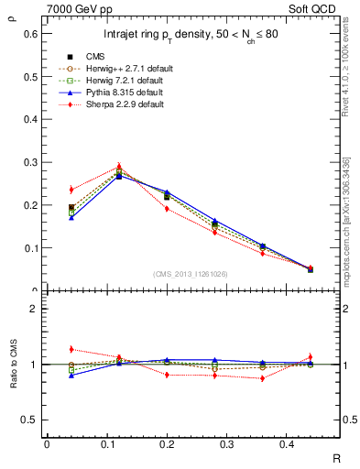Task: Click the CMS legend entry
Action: coord(93,55)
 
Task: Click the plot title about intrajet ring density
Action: coord(190,35)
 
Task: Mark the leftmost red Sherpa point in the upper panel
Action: coord(71,190)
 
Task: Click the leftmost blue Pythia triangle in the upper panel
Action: coord(71,218)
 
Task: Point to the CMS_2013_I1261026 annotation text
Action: coord(190,273)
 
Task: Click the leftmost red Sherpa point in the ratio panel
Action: coord(71,349)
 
